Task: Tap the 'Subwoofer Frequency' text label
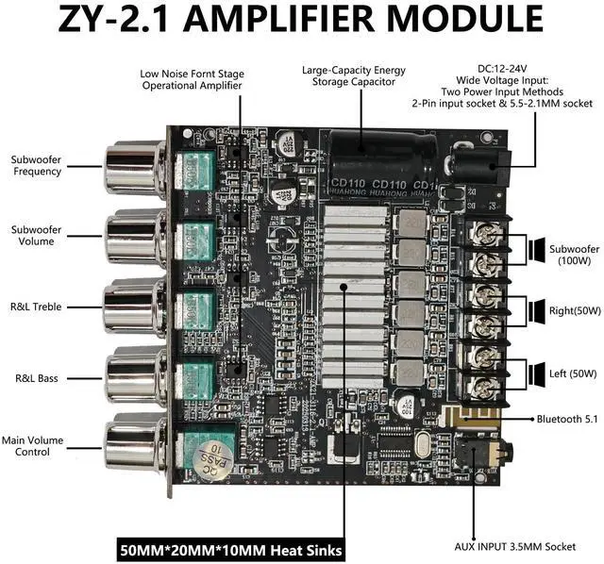point(37,165)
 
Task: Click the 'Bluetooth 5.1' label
point(569,417)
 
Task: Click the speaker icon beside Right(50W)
point(535,308)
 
